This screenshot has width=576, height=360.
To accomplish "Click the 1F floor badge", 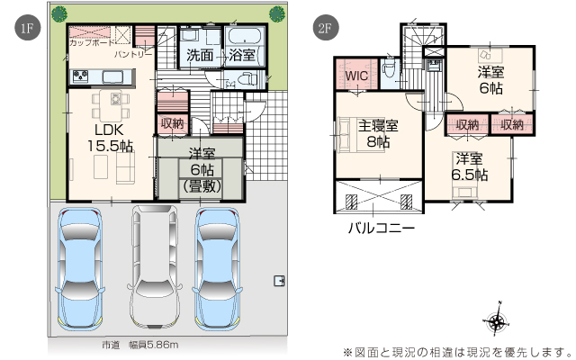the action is pyautogui.click(x=27, y=28).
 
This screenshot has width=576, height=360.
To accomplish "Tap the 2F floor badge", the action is pyautogui.click(x=326, y=28).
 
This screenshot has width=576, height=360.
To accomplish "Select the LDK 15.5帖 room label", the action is pyautogui.click(x=110, y=138).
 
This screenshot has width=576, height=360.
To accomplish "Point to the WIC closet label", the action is pyautogui.click(x=356, y=76).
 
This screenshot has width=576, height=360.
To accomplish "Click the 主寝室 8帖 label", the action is pyautogui.click(x=378, y=133).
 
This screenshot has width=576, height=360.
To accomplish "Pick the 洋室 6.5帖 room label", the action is pyautogui.click(x=470, y=167).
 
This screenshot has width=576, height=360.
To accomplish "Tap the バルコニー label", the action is pyautogui.click(x=382, y=229).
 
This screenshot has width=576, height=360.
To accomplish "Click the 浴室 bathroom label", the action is pyautogui.click(x=242, y=55).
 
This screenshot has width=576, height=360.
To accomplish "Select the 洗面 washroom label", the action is pyautogui.click(x=200, y=55).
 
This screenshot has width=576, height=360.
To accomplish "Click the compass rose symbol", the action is pyautogui.click(x=497, y=321).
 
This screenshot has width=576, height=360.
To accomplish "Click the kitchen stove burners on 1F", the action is pyautogui.click(x=80, y=76).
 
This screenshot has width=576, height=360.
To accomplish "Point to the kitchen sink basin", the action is pyautogui.click(x=112, y=76).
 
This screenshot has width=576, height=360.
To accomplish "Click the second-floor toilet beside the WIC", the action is pyautogui.click(x=388, y=68).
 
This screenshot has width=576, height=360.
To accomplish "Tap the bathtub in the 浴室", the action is pyautogui.click(x=245, y=36).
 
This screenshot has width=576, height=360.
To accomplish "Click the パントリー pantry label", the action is pyautogui.click(x=133, y=55).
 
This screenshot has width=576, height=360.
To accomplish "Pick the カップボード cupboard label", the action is pyautogui.click(x=92, y=42).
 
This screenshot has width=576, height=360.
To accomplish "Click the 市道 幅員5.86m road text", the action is pyautogui.click(x=140, y=345).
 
